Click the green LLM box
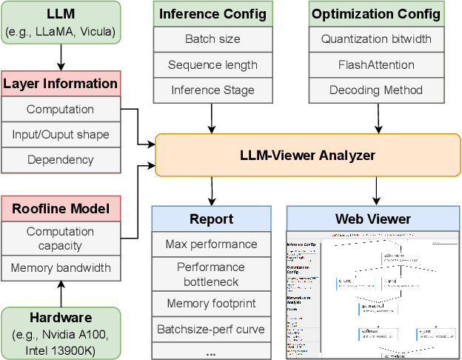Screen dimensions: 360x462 [61, 22]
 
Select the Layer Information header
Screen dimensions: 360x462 [61, 84]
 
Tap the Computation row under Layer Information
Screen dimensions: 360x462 [61, 110]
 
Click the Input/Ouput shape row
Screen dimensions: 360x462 [61, 135]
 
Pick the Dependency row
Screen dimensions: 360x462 [61, 159]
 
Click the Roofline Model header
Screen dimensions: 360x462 [61, 209]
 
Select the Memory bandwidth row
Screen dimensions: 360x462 [61, 267]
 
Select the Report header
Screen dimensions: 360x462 [212, 219]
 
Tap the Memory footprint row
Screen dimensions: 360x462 [212, 303]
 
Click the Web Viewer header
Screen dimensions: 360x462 [373, 219]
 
